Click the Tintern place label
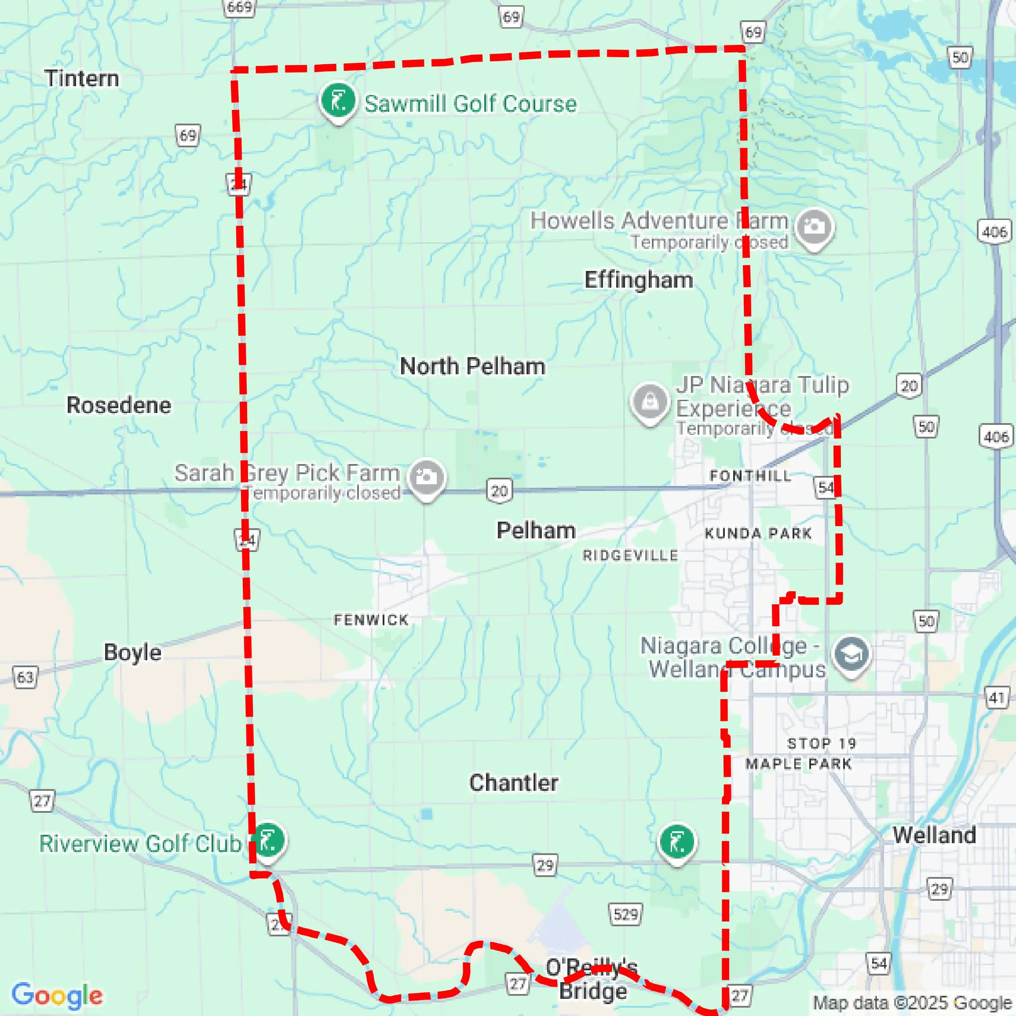(81, 78)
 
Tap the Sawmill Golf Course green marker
(338, 100)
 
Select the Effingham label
(639, 280)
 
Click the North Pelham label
(472, 366)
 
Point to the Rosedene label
(119, 405)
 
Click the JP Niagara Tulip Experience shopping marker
(650, 402)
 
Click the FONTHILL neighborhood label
(750, 475)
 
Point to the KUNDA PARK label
(758, 533)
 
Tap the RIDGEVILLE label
(630, 556)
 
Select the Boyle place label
(132, 652)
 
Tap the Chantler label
(513, 782)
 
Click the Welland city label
(934, 835)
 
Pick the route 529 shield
(625, 914)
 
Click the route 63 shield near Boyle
(25, 677)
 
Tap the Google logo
(57, 995)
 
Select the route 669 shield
(240, 7)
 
